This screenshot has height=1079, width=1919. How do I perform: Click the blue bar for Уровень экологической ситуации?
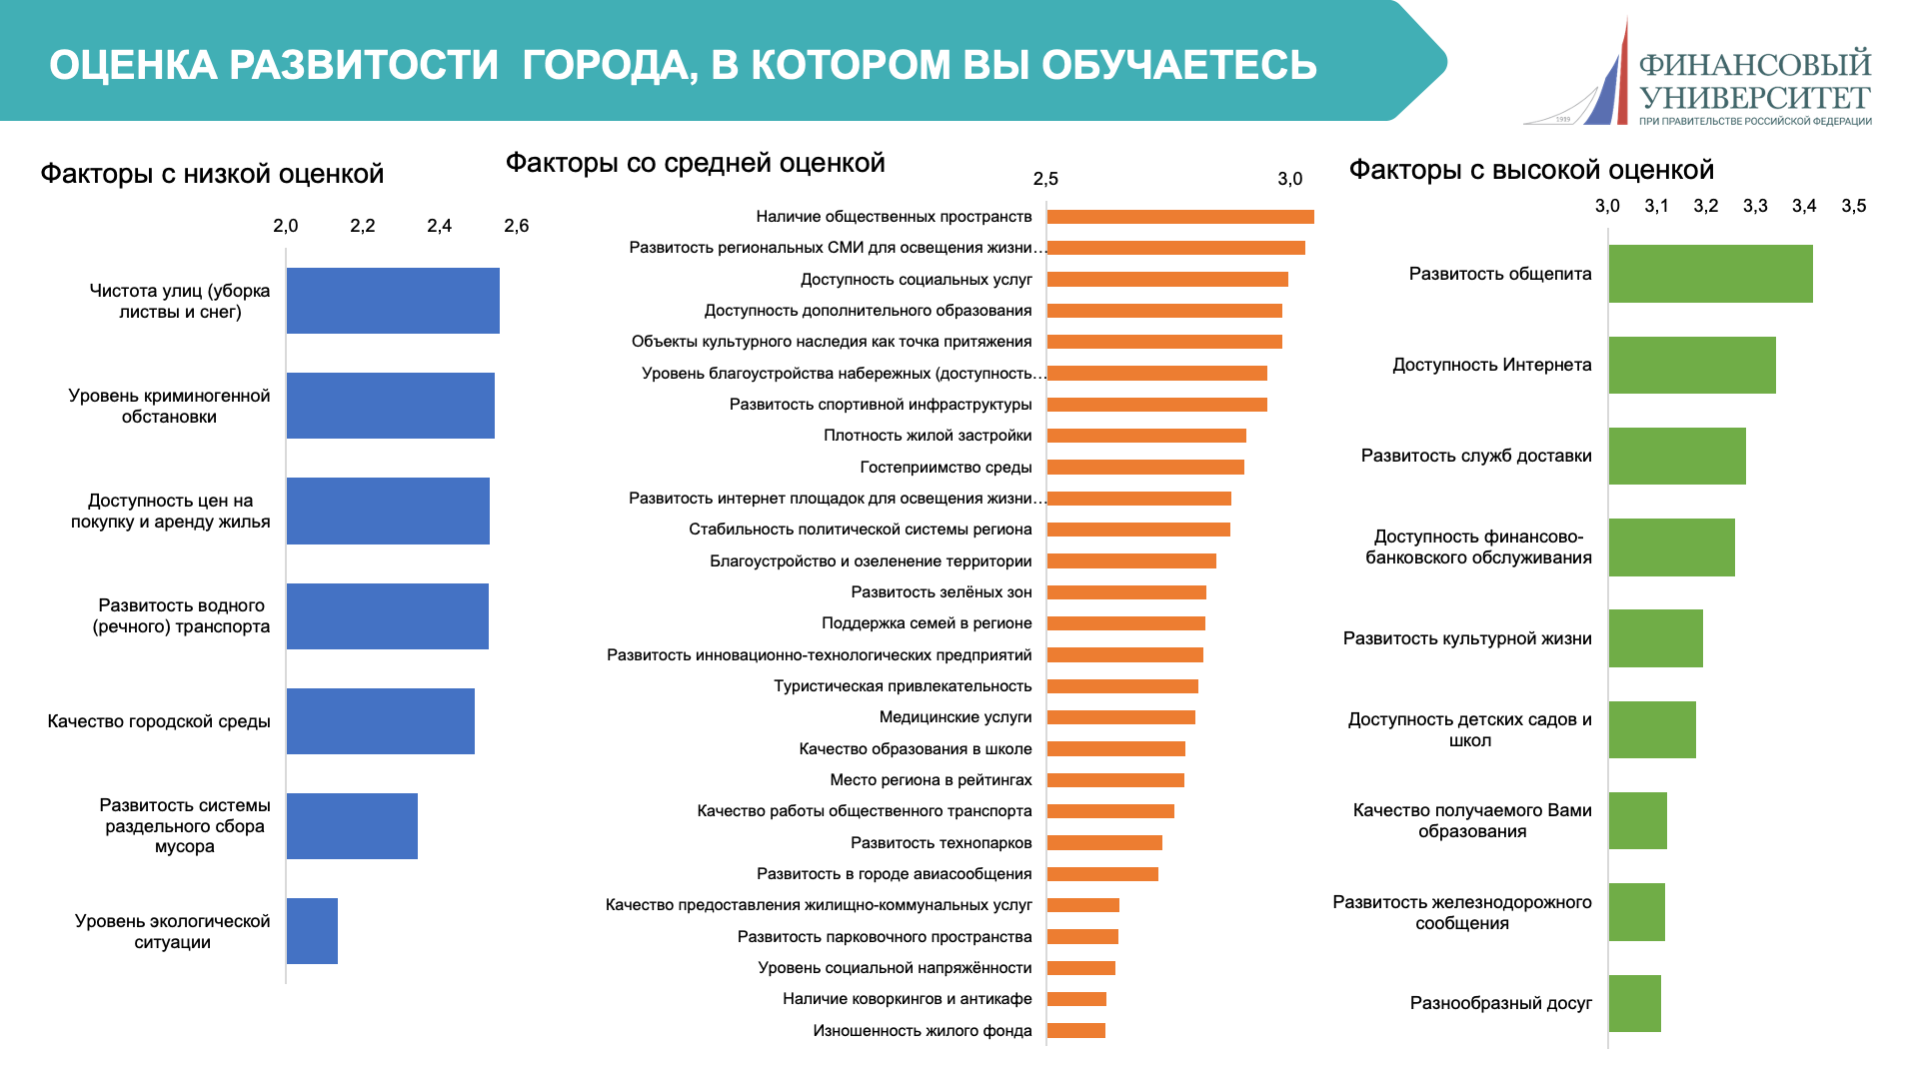pyautogui.click(x=312, y=930)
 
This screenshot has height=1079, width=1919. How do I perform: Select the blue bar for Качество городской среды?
pyautogui.click(x=380, y=720)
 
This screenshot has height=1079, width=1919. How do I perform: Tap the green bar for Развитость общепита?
pyautogui.click(x=1710, y=273)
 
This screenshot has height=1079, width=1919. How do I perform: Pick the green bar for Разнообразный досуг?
pyautogui.click(x=1634, y=1003)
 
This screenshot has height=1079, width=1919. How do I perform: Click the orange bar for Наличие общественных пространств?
pyautogui.click(x=1179, y=217)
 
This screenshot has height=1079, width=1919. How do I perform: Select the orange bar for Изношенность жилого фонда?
pyautogui.click(x=1075, y=1030)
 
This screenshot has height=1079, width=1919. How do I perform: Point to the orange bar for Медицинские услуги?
pyautogui.click(x=1120, y=717)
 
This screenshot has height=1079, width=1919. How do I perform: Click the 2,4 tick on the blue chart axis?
pyautogui.click(x=439, y=226)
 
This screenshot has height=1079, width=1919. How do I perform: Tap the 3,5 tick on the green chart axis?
pyautogui.click(x=1853, y=206)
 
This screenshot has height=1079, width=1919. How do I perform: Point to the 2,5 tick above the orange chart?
pyautogui.click(x=1045, y=179)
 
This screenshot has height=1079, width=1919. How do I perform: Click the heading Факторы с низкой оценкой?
pyautogui.click(x=212, y=174)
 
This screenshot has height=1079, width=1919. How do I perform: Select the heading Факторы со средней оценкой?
pyautogui.click(x=695, y=163)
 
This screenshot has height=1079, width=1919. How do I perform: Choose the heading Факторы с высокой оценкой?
pyautogui.click(x=1531, y=170)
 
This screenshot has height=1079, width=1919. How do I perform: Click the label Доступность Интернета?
pyautogui.click(x=1491, y=365)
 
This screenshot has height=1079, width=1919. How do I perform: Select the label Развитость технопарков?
pyautogui.click(x=941, y=842)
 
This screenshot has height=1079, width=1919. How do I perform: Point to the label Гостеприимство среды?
pyautogui.click(x=946, y=467)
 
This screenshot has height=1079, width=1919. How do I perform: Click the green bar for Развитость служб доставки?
pyautogui.click(x=1676, y=456)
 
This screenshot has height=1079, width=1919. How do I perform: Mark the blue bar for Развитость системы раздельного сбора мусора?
pyautogui.click(x=352, y=825)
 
